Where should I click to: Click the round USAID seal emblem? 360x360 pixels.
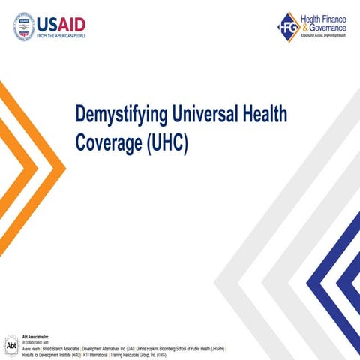click(x=24, y=26)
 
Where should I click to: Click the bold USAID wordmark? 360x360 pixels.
click(x=64, y=21)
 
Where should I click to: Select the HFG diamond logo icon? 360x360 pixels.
click(x=288, y=27)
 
